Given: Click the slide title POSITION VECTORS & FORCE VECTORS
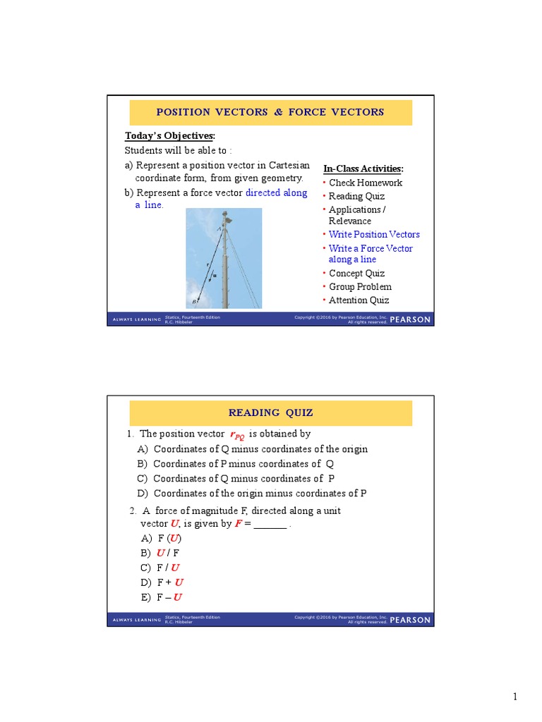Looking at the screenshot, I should coord(270,112).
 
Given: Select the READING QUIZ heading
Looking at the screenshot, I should coord(270,413).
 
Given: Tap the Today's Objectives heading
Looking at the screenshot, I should coord(170,136).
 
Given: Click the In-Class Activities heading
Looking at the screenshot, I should coord(363,169).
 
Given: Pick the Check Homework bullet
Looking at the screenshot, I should coord(366,183).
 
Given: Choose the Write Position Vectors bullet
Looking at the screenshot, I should coord(374,234).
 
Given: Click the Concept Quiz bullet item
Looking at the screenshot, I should coord(356,273).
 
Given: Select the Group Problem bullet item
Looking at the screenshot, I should coord(360,286).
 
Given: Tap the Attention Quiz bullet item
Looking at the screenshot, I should coord(359,300).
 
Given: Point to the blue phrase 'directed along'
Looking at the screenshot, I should coord(276,192).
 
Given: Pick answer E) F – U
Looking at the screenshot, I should coord(162,597).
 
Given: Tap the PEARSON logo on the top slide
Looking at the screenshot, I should coord(410,319).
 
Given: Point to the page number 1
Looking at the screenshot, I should coord(515,697).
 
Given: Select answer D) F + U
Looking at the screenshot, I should coord(162,582).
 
